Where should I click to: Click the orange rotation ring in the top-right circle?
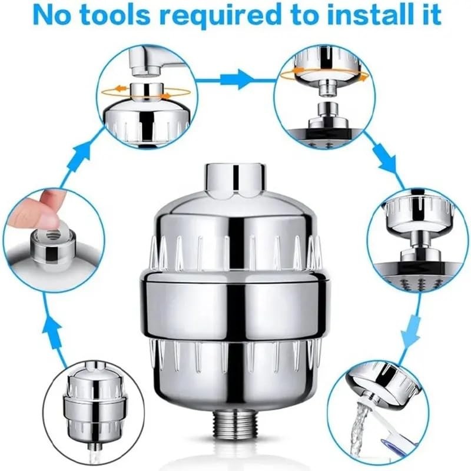324,75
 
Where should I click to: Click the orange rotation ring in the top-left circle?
145,91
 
